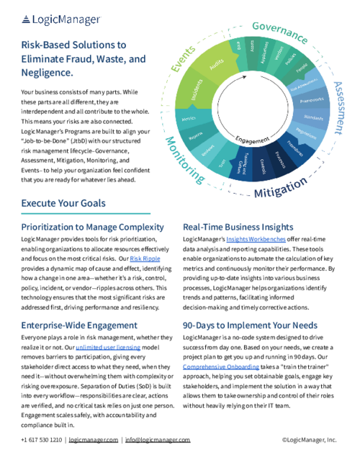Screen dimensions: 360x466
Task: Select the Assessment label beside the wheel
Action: pyautogui.click(x=338, y=107)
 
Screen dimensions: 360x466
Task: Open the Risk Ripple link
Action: pyautogui.click(x=140, y=258)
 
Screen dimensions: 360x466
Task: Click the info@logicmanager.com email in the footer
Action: pyautogui.click(x=158, y=439)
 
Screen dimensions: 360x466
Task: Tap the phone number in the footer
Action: pyautogui.click(x=42, y=439)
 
